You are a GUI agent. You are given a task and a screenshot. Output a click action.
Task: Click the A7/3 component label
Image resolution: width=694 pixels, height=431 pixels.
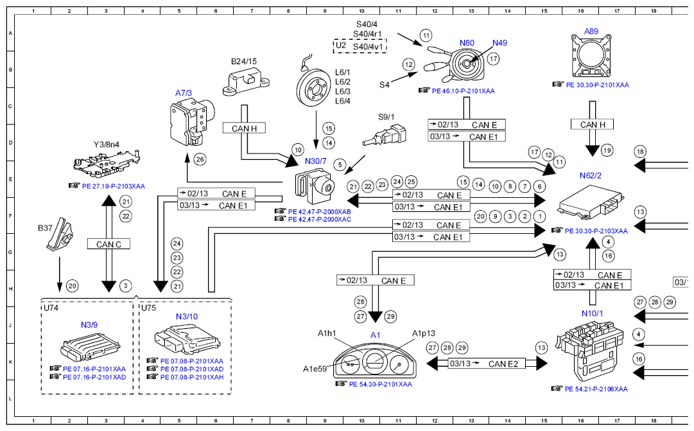click(184, 93)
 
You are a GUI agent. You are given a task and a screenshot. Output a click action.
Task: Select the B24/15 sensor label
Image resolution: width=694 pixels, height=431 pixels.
click(244, 62)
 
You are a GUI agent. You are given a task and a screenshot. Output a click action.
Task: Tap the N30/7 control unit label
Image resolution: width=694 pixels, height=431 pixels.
click(316, 161)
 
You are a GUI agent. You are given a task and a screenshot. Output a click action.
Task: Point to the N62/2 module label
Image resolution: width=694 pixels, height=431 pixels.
click(590, 175)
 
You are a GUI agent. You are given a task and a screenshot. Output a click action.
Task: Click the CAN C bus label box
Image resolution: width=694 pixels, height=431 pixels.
click(108, 244)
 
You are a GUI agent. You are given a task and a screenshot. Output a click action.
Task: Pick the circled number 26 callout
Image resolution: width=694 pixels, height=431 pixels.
click(200, 159)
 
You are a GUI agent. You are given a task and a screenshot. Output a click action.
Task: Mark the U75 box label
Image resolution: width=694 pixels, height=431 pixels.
click(149, 308)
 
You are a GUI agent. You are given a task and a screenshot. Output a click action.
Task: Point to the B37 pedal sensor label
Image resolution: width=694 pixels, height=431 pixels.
click(45, 228)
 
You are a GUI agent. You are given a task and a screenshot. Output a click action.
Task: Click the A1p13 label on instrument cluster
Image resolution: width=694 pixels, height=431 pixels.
click(423, 333)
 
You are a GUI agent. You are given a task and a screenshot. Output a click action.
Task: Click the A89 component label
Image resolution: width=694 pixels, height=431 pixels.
click(591, 31)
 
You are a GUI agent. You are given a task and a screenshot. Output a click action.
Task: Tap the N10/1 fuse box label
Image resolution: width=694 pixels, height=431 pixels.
click(592, 313)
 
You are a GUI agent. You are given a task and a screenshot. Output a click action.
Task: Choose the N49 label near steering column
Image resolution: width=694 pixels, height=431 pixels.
click(499, 43)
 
